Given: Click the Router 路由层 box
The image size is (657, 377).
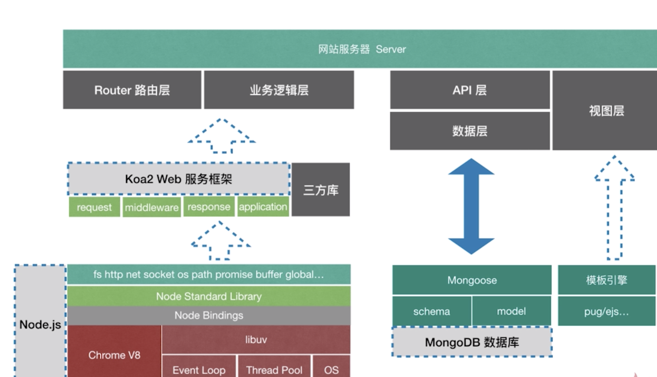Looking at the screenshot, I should [x=132, y=90].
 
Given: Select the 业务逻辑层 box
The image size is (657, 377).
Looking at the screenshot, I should [x=279, y=90].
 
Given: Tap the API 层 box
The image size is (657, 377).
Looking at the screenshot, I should [x=470, y=90].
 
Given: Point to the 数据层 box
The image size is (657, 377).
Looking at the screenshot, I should [x=470, y=131].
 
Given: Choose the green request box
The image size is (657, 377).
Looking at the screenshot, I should [x=94, y=207].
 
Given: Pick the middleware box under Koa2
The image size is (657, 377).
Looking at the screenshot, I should [x=152, y=208].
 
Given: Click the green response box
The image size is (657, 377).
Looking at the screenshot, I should [x=209, y=207].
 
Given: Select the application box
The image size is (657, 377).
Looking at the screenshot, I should [x=263, y=207].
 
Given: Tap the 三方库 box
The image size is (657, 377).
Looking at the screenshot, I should [x=320, y=190].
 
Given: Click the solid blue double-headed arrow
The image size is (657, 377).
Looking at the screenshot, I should [x=471, y=206].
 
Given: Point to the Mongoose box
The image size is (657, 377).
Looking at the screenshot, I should [x=472, y=280].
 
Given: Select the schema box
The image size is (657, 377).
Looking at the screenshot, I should [x=431, y=311].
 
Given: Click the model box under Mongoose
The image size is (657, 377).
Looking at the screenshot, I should [x=511, y=311].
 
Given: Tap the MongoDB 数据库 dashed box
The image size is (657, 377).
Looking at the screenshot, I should [x=472, y=342].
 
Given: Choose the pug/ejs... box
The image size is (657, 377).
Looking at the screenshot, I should [x=606, y=311].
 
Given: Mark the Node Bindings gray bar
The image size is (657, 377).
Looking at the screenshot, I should [x=209, y=316].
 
